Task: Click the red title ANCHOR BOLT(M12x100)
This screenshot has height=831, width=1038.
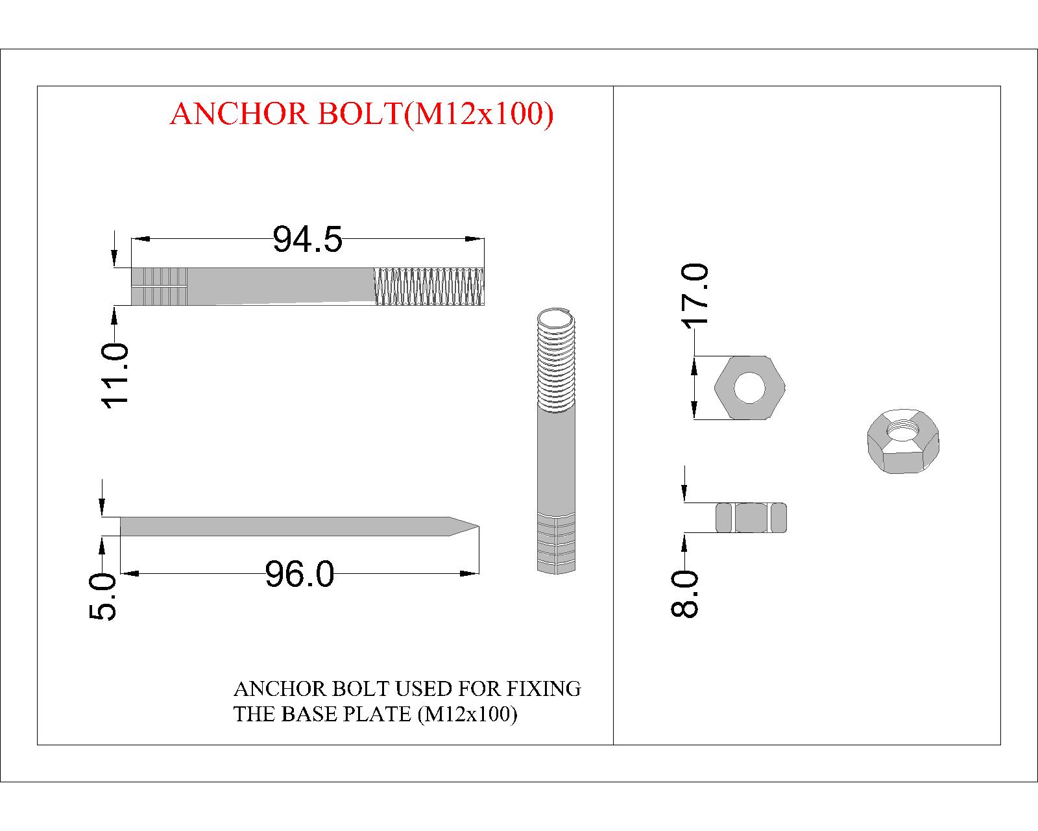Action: click(x=362, y=114)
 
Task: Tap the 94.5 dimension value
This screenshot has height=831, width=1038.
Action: click(x=308, y=239)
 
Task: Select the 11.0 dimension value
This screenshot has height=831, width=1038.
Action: click(x=115, y=376)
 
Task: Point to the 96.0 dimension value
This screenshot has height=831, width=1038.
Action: click(x=300, y=574)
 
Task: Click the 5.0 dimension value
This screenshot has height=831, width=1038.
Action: click(x=103, y=597)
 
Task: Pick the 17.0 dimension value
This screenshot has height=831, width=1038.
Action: click(x=695, y=295)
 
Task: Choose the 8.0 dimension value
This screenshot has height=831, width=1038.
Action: click(x=684, y=594)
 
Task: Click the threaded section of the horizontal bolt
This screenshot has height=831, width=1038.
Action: click(x=429, y=286)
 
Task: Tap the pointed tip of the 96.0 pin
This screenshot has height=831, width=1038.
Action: click(x=478, y=526)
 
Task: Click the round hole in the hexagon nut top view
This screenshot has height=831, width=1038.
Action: click(x=749, y=387)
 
